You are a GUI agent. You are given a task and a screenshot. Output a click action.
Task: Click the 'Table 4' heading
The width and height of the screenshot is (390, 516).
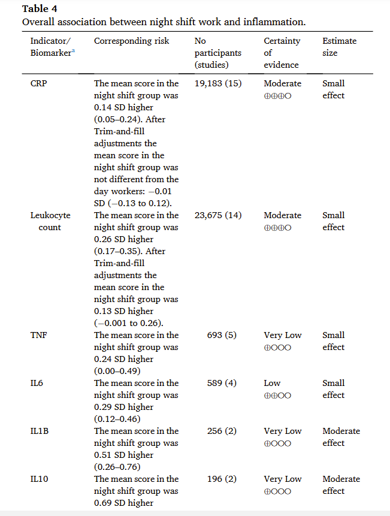(x=37, y=9)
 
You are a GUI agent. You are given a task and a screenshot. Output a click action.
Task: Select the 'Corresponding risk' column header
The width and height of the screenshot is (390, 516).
(x=131, y=41)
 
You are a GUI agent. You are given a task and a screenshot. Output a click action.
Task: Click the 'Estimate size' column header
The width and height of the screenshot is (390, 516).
(x=339, y=47)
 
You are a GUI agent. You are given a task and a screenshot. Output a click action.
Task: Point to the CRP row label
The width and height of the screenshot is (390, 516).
(x=40, y=83)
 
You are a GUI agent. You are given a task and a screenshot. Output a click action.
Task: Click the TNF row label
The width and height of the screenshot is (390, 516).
(x=39, y=335)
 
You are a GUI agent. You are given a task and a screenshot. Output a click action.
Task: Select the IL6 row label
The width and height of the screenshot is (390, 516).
(x=37, y=383)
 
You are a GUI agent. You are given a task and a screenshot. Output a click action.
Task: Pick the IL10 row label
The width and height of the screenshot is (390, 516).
(x=40, y=479)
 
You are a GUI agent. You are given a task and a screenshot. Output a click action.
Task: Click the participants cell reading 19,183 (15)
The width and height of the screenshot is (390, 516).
(x=218, y=83)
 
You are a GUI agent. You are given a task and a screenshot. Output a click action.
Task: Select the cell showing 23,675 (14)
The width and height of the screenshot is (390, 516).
(x=218, y=215)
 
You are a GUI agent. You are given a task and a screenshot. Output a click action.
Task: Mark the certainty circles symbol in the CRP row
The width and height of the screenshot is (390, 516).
(x=277, y=96)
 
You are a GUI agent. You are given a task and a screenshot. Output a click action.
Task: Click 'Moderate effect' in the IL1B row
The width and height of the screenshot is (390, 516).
(x=341, y=437)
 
